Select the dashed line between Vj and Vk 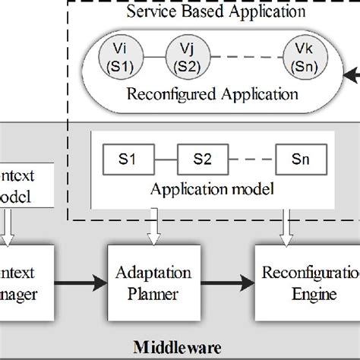(243, 57)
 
